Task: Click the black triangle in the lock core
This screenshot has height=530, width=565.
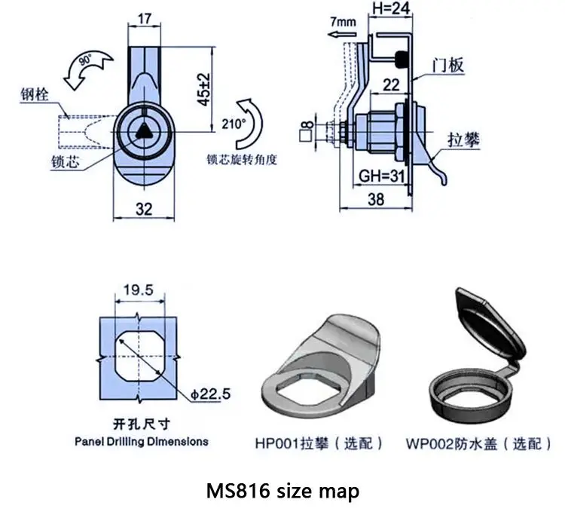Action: tap(145, 130)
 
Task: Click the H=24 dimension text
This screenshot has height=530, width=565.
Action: tap(390, 10)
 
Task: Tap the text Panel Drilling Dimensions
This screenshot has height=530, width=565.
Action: tap(141, 441)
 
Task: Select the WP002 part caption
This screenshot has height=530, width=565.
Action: tap(484, 443)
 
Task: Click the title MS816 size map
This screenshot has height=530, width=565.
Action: tap(282, 492)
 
